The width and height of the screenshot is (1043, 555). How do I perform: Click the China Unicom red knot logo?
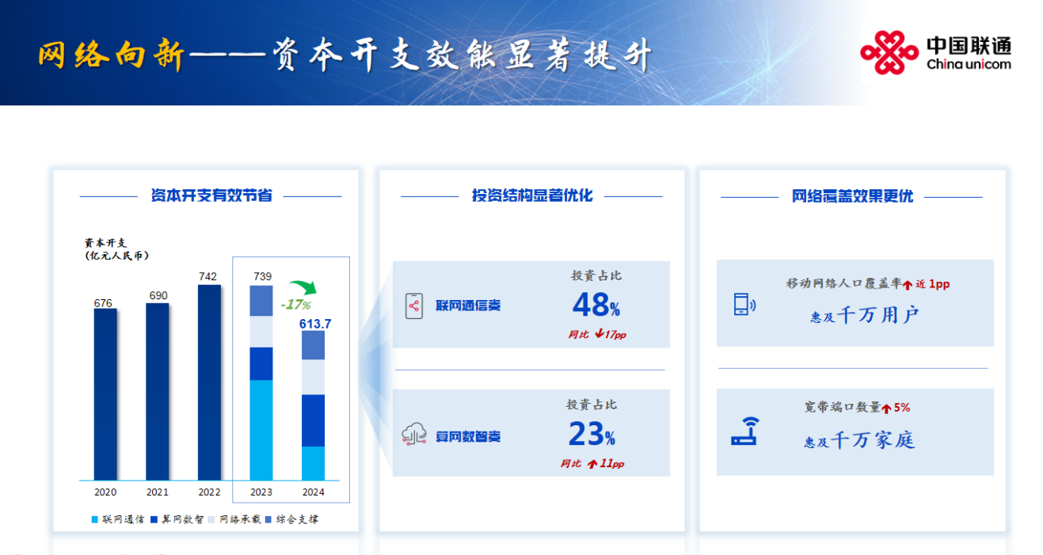pos(889,52)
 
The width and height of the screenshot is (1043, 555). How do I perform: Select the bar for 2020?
pos(105,394)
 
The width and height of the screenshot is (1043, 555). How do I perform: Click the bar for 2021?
pos(158,391)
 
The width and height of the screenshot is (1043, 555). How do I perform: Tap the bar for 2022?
pos(210,382)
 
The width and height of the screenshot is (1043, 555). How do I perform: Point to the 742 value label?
pos(207,276)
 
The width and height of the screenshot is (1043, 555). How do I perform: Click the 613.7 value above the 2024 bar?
pos(315,324)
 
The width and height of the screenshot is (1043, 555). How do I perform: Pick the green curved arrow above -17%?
pos(303,287)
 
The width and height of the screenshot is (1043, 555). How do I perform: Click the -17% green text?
pos(295,305)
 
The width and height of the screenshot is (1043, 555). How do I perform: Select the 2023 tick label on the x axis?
pos(261,492)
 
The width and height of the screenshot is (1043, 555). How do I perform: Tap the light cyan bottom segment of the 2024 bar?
pos(314,463)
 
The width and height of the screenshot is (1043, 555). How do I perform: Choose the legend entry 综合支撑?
pos(292,519)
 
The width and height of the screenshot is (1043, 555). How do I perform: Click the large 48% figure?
pos(596,305)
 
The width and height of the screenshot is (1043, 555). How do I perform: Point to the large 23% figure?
pos(592,434)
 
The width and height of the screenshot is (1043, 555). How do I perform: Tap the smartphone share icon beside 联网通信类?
pos(414,306)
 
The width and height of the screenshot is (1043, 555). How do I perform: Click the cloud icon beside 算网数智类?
pos(414,435)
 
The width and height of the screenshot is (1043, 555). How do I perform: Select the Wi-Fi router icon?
pos(745,431)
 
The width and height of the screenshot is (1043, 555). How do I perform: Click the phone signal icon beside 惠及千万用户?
pos(744,304)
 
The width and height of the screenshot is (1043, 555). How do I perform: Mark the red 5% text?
pos(902,408)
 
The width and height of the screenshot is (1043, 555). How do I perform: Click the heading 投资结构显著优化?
pos(532,196)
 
